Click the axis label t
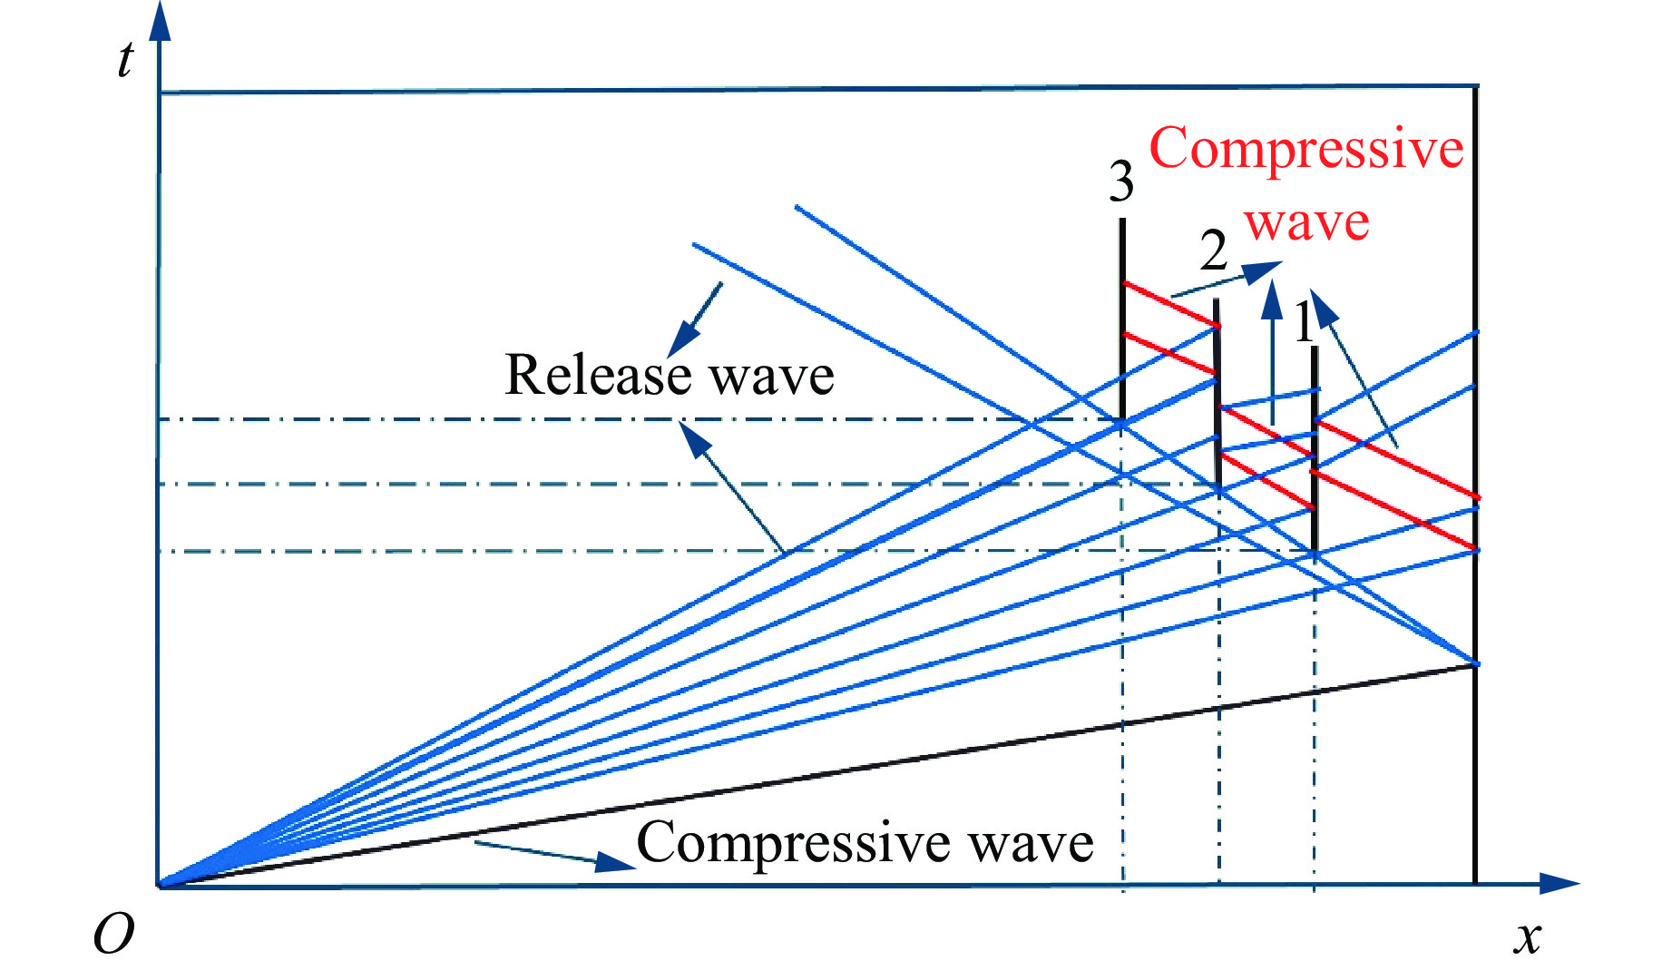coord(125,60)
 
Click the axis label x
coord(1528,937)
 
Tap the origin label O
coord(113,933)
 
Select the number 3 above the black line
coord(1121,181)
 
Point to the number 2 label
coord(1214,250)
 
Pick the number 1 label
coord(1304,321)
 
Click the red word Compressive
coord(1306,150)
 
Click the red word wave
coord(1306,222)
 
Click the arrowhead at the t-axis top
coord(160,20)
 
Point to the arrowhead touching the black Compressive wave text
coord(615,861)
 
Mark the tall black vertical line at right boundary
coord(1476,485)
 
